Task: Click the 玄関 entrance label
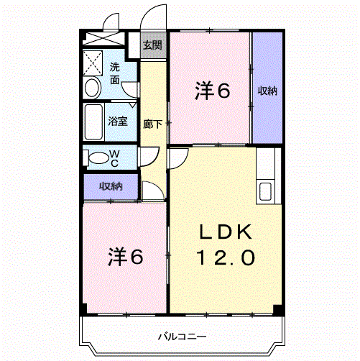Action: click(152, 45)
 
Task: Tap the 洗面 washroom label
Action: click(115, 73)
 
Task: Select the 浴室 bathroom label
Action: click(118, 121)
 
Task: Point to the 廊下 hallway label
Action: click(152, 124)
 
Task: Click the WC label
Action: click(114, 158)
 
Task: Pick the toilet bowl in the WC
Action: click(98, 158)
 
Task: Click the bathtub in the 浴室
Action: click(93, 122)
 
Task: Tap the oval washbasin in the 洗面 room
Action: click(93, 88)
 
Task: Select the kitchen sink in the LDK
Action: click(265, 191)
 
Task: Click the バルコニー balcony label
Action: click(182, 337)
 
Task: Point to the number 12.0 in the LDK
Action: click(226, 257)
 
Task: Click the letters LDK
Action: click(226, 232)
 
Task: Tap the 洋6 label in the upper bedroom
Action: click(212, 91)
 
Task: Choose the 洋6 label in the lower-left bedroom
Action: click(126, 257)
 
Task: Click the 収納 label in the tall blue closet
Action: click(267, 91)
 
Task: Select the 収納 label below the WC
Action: click(111, 186)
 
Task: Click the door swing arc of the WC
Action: click(154, 159)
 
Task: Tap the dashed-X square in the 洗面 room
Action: click(93, 63)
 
